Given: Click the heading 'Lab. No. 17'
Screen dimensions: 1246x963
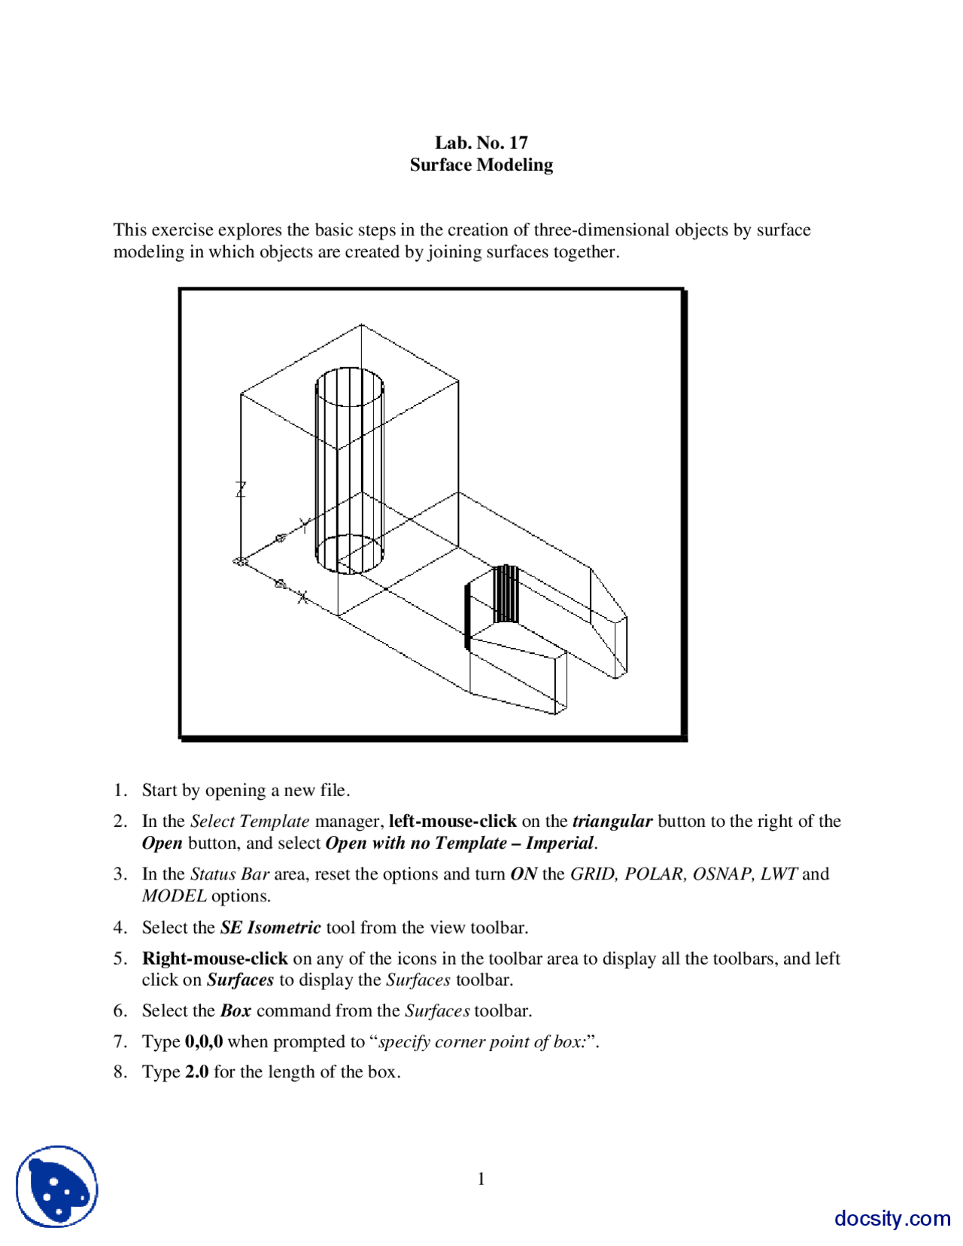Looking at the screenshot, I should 481,142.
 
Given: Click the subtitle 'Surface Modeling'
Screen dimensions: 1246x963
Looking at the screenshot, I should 481,165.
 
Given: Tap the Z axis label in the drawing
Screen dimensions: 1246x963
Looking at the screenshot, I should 241,489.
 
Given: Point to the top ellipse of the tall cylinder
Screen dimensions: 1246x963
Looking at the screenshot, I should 349,387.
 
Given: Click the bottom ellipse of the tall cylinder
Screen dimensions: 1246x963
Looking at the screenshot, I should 349,554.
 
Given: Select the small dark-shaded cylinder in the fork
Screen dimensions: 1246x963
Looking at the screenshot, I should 506,594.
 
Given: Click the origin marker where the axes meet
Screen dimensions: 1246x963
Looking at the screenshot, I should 240,561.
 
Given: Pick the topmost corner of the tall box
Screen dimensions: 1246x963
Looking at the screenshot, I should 361,325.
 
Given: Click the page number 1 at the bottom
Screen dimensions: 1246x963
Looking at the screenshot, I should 481,1179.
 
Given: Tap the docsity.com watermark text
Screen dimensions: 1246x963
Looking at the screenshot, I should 892,1217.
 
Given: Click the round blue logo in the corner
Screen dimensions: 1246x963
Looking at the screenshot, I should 57,1187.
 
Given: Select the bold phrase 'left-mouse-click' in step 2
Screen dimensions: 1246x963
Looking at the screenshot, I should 452,821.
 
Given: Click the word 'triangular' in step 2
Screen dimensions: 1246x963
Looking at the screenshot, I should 612,821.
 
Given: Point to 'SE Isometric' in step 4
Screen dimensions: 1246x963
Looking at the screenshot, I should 270,927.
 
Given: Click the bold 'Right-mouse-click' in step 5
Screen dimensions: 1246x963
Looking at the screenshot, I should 215,958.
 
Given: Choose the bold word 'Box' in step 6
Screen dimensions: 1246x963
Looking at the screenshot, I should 235,1010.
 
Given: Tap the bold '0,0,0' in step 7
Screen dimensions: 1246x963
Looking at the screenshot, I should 204,1041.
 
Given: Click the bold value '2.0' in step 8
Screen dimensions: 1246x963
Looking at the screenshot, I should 197,1071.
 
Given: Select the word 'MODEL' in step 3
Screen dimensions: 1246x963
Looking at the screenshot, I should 174,895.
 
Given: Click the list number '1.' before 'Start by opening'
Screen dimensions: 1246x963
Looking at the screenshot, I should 120,790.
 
